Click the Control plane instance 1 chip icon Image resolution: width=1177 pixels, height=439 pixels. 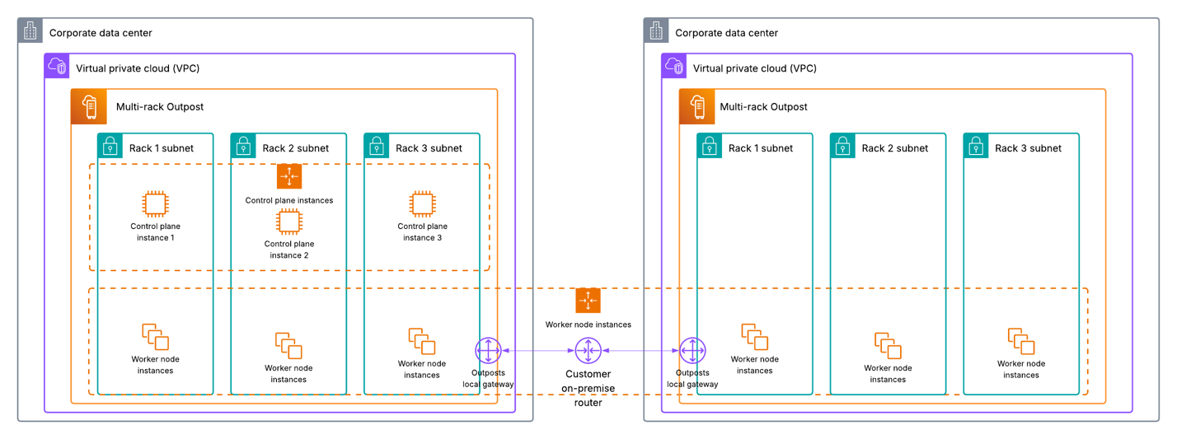pos(155,204)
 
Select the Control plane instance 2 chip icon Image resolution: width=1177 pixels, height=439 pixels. pos(288,222)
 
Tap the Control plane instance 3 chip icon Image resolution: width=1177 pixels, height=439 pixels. pos(422,204)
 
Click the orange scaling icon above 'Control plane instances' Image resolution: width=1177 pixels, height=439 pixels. pos(288,176)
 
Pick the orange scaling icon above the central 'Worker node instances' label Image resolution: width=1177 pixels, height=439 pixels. pos(588,301)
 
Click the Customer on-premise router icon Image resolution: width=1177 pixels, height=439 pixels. pos(588,351)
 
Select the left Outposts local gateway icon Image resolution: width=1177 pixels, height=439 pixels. pos(488,351)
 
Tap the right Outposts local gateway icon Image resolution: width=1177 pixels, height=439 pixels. pos(692,351)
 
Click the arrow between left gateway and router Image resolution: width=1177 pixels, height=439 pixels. pos(537,351)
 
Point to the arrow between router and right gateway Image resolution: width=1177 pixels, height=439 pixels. pos(640,351)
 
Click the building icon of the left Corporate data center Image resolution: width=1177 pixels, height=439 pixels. pos(30,31)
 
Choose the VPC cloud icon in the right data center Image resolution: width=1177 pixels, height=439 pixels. pos(674,67)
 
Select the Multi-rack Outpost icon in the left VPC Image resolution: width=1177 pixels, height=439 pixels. pos(89,106)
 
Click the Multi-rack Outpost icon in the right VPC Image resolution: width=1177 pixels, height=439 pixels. pos(696,106)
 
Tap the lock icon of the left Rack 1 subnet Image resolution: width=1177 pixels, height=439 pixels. pos(110,147)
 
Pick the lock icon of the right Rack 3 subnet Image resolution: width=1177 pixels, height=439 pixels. pos(976,147)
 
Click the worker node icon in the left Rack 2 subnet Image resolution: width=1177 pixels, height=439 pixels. pos(288,345)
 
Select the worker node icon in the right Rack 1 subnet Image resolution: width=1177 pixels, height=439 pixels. pos(754,337)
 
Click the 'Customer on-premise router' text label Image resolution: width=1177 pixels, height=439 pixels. pos(588,388)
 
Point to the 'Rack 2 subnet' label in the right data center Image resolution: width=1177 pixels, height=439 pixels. pos(894,148)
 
